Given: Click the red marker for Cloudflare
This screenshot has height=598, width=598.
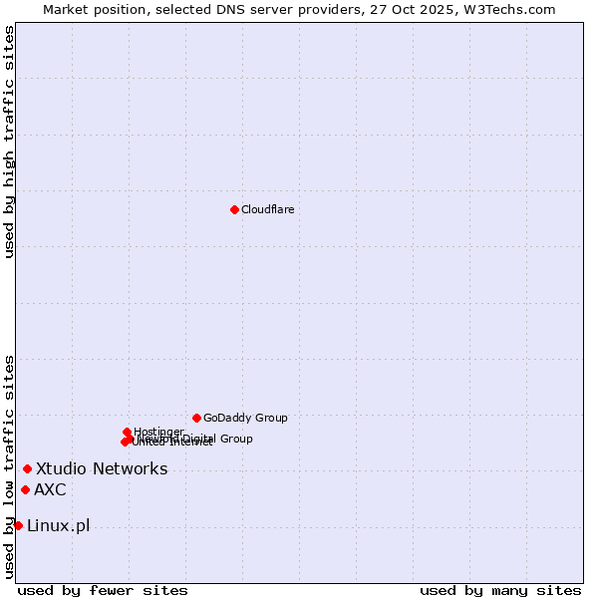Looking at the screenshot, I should [234, 209].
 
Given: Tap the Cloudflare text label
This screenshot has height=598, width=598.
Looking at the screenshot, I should [267, 209].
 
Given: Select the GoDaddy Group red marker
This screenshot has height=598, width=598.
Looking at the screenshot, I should [196, 418].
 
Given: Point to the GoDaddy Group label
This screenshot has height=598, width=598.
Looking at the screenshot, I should [245, 418].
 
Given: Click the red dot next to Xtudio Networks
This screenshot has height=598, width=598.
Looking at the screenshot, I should [27, 468].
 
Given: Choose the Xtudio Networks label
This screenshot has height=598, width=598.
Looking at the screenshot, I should [102, 468].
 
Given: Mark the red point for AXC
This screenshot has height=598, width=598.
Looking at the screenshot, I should [25, 489].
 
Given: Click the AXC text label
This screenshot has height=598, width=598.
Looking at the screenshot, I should [50, 489].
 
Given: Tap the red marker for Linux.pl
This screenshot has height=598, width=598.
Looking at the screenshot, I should [18, 525].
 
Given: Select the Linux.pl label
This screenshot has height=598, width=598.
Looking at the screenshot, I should [58, 525].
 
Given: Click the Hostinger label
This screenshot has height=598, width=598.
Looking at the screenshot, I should [158, 432].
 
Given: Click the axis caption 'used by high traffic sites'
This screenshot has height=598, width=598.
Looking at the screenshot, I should [9, 142].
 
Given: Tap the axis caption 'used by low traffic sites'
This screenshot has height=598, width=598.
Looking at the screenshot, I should [9, 466].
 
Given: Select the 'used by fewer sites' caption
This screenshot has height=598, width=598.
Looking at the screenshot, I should [103, 590].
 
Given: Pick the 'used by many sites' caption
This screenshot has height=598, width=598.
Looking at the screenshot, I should [500, 590].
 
